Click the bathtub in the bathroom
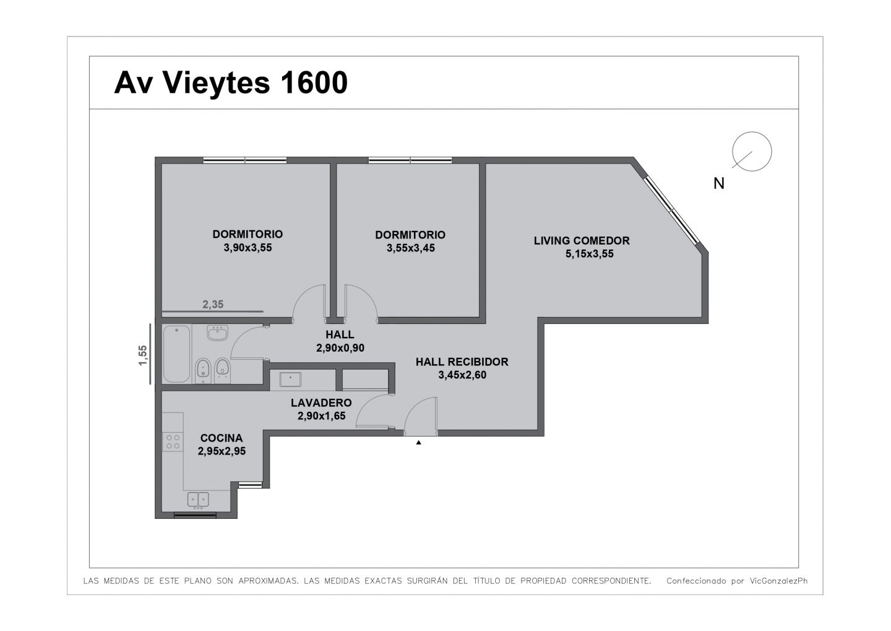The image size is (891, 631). (176, 354)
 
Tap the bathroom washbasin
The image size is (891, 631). (218, 333)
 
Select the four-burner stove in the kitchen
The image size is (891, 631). (173, 442)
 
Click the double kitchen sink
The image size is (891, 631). (198, 499)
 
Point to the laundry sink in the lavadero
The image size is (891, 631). (290, 380)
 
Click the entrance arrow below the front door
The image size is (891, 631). (418, 442)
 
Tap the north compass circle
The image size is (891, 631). (752, 152)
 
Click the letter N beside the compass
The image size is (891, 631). (719, 183)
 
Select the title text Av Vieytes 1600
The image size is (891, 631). (231, 83)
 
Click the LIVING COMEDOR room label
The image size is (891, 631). (582, 240)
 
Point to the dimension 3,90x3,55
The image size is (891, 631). (247, 248)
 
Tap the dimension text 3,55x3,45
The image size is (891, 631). (410, 248)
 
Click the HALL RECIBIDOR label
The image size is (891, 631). (462, 362)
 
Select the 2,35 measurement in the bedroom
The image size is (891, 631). (213, 305)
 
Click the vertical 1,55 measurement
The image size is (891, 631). (143, 355)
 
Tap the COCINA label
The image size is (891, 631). (222, 438)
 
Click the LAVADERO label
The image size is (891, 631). (321, 403)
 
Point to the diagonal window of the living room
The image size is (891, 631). (671, 210)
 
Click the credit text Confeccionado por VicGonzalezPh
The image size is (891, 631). (737, 581)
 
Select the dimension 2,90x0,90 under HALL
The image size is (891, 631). (340, 348)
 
